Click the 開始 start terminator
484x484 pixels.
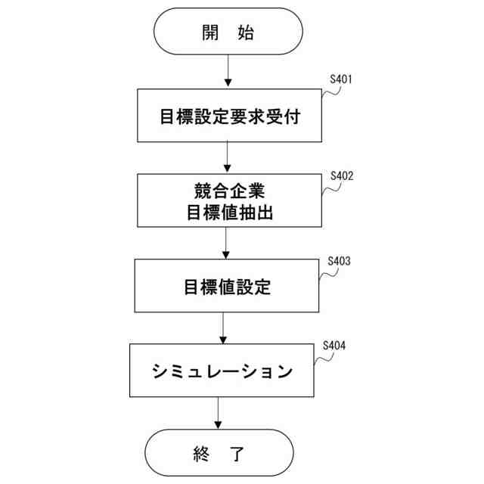pos(228,32)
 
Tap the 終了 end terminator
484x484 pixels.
pos(219,455)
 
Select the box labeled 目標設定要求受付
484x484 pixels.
pos(228,116)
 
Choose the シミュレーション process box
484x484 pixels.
pos(222,371)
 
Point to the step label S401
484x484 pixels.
pos(341,79)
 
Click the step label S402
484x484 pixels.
pos(342,176)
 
